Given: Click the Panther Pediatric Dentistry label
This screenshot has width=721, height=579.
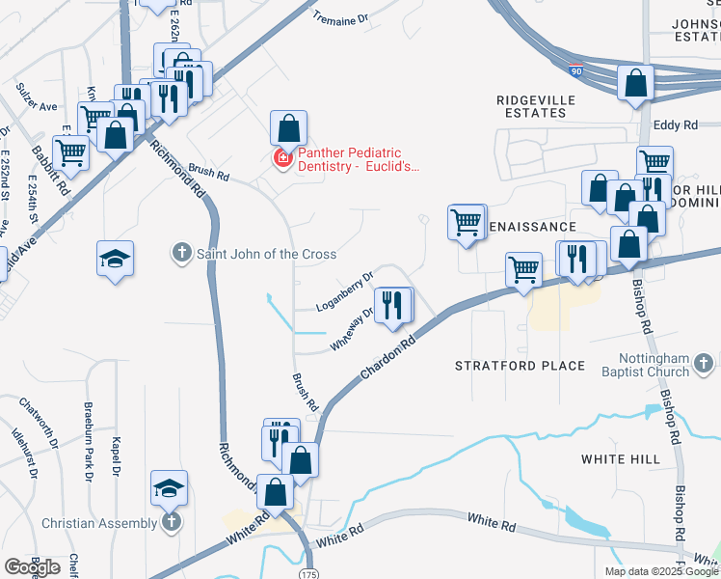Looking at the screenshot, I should click(x=359, y=159).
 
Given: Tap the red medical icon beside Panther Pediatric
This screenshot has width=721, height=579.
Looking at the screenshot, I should click(x=283, y=157).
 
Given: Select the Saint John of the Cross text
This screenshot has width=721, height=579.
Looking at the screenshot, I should click(x=266, y=254).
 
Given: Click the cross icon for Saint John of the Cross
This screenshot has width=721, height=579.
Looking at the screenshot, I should click(x=181, y=254).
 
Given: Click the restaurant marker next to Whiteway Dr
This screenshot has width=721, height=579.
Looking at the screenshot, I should click(x=392, y=305).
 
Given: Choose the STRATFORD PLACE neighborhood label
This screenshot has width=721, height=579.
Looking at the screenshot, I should click(x=520, y=366).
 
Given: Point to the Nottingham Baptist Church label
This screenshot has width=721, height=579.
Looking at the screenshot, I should click(x=642, y=365).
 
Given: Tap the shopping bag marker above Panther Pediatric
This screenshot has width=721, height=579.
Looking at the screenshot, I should click(x=288, y=127).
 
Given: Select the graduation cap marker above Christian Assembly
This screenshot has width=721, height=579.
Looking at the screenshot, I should click(x=170, y=488).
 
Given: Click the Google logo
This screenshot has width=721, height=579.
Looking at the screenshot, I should click(x=32, y=567).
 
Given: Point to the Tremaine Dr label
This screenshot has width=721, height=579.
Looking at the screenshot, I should click(x=341, y=18).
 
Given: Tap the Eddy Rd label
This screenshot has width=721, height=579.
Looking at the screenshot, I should click(x=675, y=125).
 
